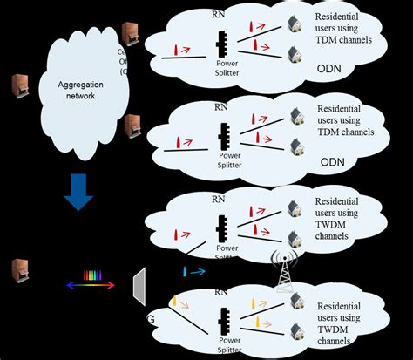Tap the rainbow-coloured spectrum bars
pos(91,277)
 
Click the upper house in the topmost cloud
pos(295,24)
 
